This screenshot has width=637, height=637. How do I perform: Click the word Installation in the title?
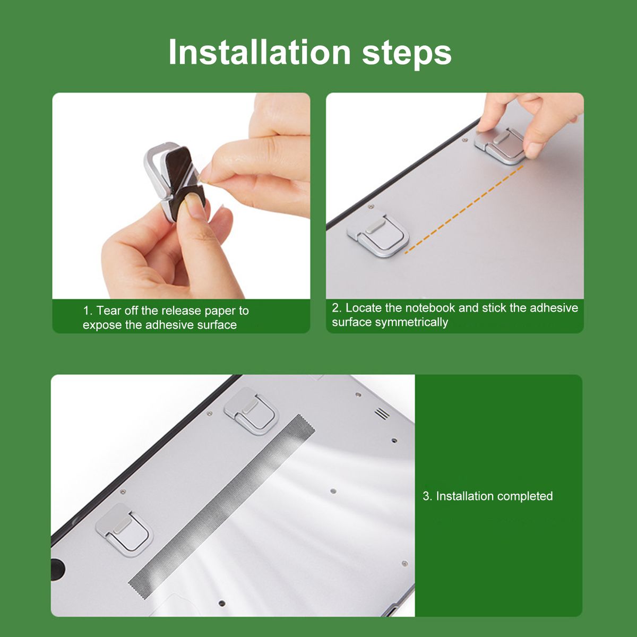[260, 52]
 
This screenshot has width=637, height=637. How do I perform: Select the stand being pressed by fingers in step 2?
[500, 145]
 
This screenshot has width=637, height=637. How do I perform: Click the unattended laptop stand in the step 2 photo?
[378, 234]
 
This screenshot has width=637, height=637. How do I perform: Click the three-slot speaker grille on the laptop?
[382, 413]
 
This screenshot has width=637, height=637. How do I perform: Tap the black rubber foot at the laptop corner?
[58, 567]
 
